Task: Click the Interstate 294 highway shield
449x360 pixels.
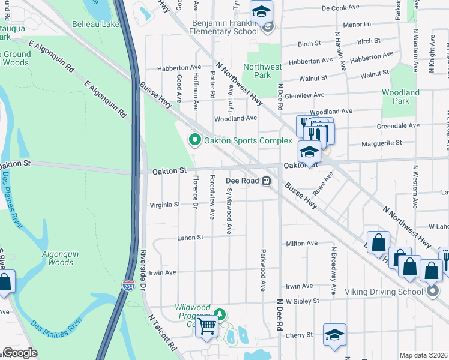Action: (129, 286)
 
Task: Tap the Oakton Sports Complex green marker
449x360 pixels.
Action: (194, 141)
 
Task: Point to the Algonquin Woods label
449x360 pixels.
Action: (60, 258)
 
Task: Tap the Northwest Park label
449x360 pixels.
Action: (262, 71)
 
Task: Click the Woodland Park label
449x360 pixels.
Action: (400, 97)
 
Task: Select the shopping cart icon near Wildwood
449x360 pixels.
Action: (207, 326)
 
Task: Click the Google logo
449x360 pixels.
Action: (20, 353)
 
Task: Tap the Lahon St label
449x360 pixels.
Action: (191, 238)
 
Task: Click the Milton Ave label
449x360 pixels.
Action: (302, 243)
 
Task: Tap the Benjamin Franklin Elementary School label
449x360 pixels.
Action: (225, 27)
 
